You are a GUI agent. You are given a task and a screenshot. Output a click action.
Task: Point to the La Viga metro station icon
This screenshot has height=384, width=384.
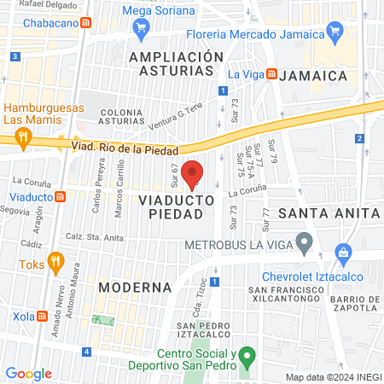(271, 74)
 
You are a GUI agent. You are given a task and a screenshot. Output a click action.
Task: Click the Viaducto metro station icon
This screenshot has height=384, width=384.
(61, 196)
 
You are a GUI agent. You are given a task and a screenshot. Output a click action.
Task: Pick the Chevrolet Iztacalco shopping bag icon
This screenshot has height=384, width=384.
(343, 253)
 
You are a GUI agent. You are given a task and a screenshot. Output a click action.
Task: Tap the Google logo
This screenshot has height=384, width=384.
(28, 373)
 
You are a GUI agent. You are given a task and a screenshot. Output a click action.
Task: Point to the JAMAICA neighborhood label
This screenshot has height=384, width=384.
(317, 75)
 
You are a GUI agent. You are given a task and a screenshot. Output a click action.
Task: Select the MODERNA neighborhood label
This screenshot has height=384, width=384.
(129, 287)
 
